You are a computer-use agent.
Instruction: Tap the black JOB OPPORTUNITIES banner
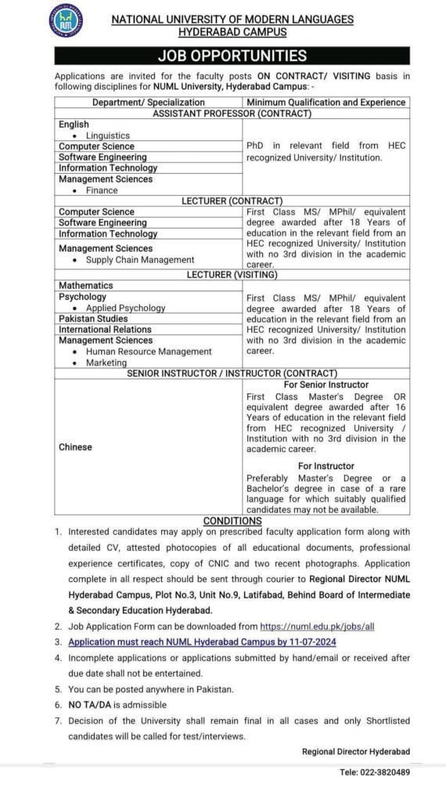tap(232, 56)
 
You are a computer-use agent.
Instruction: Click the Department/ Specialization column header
tap(149, 102)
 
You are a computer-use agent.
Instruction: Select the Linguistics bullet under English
tap(108, 135)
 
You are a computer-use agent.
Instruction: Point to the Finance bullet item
tap(102, 190)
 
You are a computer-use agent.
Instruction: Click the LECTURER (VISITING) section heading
tap(232, 275)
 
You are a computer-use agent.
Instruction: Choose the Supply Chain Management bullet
tap(139, 260)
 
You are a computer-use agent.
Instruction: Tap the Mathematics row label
tap(86, 286)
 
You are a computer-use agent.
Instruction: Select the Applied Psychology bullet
tap(125, 309)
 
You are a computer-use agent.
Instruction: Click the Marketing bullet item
tap(106, 363)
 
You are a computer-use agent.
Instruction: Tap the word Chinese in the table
tap(75, 447)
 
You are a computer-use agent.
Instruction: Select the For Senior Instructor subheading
tap(326, 385)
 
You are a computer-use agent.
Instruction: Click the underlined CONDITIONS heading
tap(232, 521)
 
